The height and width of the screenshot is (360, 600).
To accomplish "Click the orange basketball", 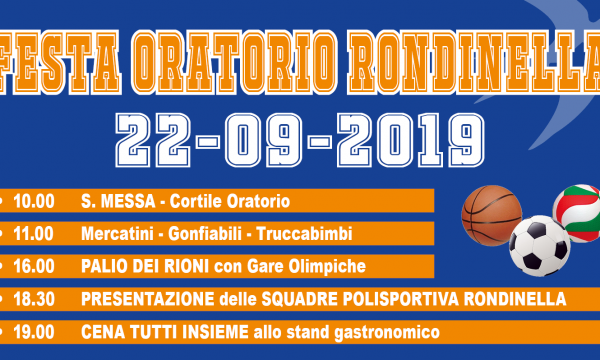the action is (x=492, y=215).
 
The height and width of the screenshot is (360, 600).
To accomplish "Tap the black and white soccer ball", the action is (x=540, y=246).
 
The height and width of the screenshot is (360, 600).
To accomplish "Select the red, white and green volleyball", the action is (x=577, y=213).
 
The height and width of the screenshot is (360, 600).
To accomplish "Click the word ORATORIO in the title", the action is (x=235, y=62).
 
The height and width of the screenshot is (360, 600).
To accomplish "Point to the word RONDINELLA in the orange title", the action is (x=474, y=62).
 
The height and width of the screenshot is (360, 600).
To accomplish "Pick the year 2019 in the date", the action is (x=411, y=140).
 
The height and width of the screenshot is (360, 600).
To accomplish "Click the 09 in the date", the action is (x=264, y=140).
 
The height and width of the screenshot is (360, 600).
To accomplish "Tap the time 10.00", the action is (x=34, y=201).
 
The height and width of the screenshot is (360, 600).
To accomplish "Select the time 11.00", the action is (x=33, y=234).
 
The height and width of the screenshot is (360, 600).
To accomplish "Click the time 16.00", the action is (x=34, y=266).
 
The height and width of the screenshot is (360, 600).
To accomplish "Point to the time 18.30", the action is (x=34, y=299).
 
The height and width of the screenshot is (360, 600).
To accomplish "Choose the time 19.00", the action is (x=34, y=332).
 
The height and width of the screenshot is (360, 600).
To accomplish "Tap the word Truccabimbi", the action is (x=304, y=234).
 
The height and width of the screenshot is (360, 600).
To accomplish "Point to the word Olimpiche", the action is (x=327, y=267).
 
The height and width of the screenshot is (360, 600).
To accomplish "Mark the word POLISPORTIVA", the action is (x=401, y=299).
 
